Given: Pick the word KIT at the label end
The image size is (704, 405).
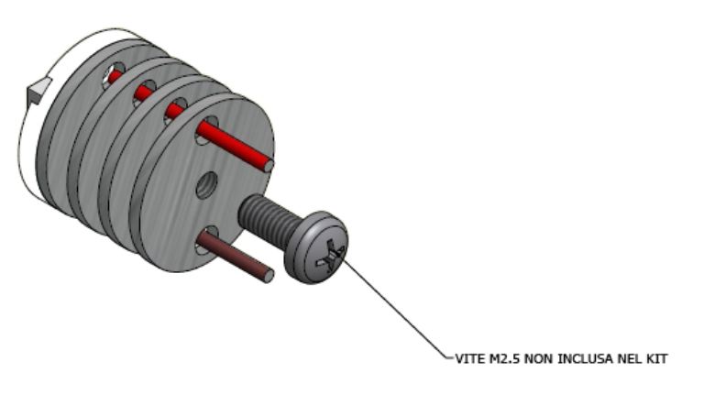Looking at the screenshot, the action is [x=656, y=359].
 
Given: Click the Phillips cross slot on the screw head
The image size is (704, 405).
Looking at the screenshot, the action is [x=330, y=256].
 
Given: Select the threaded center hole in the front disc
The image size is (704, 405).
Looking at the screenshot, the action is [x=206, y=185].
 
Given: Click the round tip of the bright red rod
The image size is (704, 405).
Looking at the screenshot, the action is [x=268, y=166].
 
